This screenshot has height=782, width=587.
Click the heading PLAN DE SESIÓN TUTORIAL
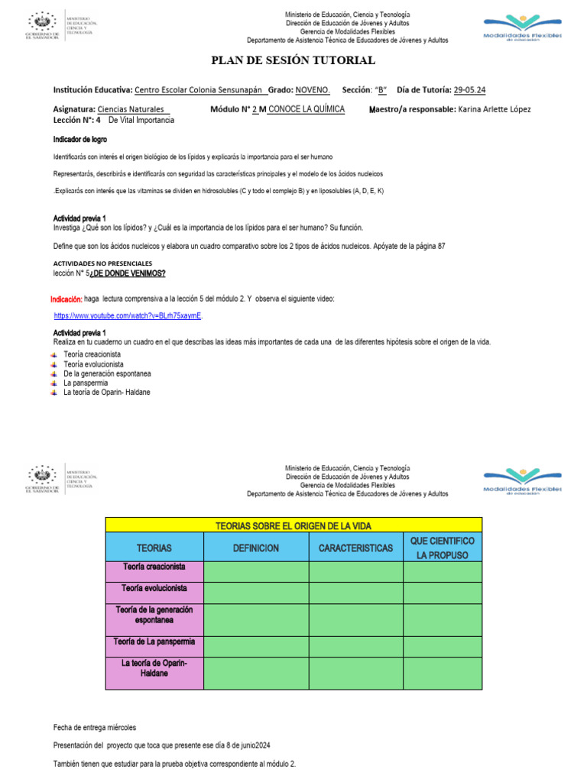tap(293, 60)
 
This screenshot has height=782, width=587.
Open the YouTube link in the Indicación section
tap(128, 315)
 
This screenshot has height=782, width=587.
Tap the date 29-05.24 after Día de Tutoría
tap(469, 89)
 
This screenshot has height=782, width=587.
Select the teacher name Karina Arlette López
tap(494, 109)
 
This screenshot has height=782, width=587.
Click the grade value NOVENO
tap(312, 89)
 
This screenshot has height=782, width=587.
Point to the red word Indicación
tap(66, 299)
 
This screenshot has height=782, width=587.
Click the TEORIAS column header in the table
tap(154, 548)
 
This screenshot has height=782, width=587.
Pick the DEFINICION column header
tap(256, 548)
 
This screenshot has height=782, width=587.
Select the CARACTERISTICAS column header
tap(355, 548)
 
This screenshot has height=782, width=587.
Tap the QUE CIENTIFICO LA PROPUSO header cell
tap(443, 548)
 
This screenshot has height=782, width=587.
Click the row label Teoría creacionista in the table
tap(154, 567)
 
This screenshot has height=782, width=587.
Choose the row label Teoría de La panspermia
tap(154, 642)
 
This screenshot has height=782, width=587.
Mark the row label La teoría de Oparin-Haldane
tap(154, 669)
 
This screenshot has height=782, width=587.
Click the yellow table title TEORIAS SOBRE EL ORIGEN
tap(293, 525)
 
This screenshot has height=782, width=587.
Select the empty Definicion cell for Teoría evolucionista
tap(256, 593)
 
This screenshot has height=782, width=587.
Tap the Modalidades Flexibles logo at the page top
tap(522, 31)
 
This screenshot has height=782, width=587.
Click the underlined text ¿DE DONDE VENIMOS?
tap(128, 273)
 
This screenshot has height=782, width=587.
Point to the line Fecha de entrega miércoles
tap(94, 728)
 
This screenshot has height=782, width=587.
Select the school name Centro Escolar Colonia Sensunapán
tap(198, 89)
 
